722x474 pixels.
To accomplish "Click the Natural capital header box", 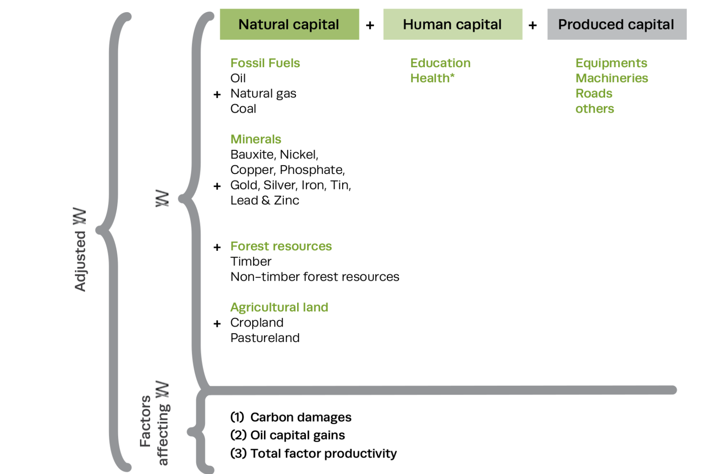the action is coord(289,24).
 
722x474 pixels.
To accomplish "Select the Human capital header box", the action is coord(453,24).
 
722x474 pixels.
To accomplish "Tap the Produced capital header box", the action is coord(617,24).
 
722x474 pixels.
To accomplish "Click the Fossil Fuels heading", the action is coord(265,63).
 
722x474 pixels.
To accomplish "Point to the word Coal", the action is coord(243,109).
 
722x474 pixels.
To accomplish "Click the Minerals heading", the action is coord(256,139).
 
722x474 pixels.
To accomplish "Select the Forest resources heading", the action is coord(281,246).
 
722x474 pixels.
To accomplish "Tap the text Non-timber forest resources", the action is coord(315,277).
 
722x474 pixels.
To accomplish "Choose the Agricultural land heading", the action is coord(279,308).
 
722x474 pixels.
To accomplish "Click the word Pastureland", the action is coord(265,338).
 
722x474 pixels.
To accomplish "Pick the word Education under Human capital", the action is coord(440,63).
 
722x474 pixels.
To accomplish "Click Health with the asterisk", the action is coord(432,78).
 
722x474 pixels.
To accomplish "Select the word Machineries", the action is coord(612,78).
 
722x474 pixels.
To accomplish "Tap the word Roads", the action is coord(594,93).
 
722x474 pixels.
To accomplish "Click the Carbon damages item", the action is coord(291,417).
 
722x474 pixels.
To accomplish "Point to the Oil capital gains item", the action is coord(287,435).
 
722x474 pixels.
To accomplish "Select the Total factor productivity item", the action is coord(314,454).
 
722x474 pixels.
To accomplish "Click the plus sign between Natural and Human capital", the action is coord(370,26).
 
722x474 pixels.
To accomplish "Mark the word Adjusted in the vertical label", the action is coord(80,261).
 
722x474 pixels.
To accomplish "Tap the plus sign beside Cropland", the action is coord(217,324).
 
